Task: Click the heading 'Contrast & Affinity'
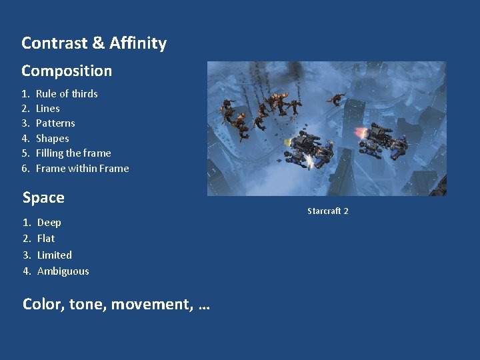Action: (94, 43)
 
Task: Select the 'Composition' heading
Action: (67, 71)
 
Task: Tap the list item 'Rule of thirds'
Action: (67, 94)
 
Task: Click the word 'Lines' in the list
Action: (48, 109)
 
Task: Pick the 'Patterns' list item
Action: (55, 123)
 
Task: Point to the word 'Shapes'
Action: (53, 139)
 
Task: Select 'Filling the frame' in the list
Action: (73, 153)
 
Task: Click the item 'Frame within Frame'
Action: (82, 169)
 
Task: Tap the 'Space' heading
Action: (43, 198)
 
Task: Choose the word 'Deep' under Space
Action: (49, 223)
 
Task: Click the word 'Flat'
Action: (46, 239)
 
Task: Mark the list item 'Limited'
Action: (55, 255)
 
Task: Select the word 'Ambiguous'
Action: (63, 271)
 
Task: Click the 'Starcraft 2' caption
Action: (327, 211)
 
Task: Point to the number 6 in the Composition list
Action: (25, 169)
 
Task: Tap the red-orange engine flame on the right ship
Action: (361, 131)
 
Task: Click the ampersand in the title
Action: (99, 43)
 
